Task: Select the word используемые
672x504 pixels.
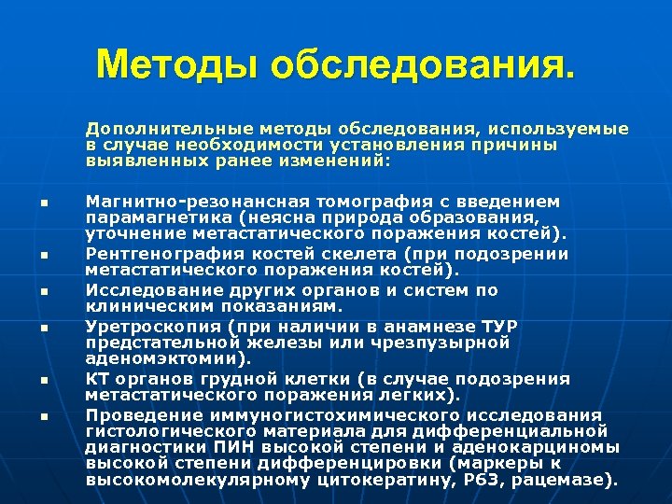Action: click(571, 129)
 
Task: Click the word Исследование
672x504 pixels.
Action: click(137, 289)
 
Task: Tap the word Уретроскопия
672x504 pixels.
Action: click(132, 326)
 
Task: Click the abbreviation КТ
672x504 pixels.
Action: click(96, 379)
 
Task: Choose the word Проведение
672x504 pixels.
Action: click(129, 415)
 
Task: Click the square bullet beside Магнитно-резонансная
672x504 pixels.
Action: click(43, 203)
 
